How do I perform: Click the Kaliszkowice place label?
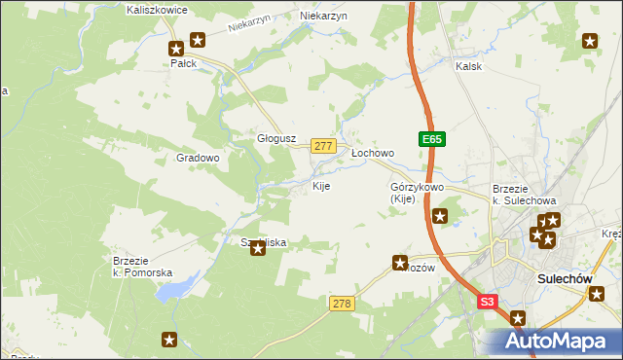(x=157, y=9)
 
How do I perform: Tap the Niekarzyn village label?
(x=323, y=17)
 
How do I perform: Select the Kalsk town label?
(x=469, y=66)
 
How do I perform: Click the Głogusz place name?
(x=275, y=138)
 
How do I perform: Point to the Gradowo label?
(x=198, y=157)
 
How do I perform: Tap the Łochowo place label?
(x=372, y=153)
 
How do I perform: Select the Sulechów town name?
(x=566, y=278)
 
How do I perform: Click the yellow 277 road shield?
(x=324, y=145)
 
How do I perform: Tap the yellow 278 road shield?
(x=341, y=305)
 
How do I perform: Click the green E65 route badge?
(x=433, y=140)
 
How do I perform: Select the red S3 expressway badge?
(x=489, y=303)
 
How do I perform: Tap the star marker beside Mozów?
(x=400, y=262)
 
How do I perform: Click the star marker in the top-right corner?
(x=590, y=40)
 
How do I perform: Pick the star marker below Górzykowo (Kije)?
(x=440, y=216)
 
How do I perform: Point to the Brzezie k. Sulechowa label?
(x=524, y=194)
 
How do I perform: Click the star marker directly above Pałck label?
(x=176, y=48)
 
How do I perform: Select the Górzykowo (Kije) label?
(x=417, y=192)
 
